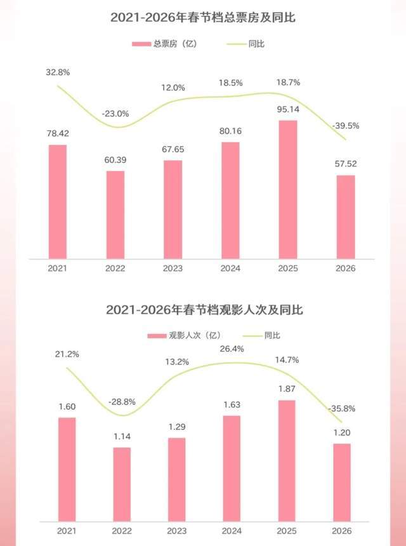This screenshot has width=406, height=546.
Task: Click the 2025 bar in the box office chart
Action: pos(288,189)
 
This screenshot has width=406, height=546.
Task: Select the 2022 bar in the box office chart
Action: pos(115,215)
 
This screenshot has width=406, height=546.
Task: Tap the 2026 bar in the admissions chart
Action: pos(342,483)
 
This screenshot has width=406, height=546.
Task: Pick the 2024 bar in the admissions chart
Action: pos(232,469)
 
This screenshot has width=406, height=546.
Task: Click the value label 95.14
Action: pos(288,108)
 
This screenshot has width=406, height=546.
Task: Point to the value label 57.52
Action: pos(346,163)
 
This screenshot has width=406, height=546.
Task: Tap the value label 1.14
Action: pos(122,436)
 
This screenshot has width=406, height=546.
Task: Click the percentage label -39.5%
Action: pos(346,126)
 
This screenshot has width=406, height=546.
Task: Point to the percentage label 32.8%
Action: pos(58,72)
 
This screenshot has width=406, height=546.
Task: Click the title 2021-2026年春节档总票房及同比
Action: pos(203,18)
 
